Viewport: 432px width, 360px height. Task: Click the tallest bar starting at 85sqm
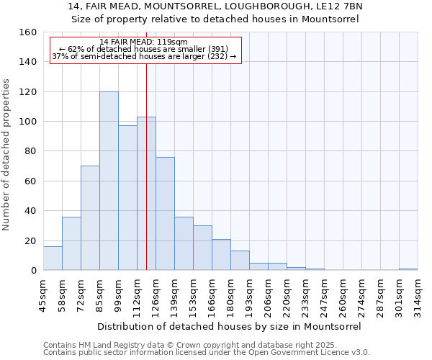point(109,181)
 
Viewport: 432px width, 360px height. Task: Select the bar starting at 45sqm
point(53,258)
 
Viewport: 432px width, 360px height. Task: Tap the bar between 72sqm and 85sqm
point(90,218)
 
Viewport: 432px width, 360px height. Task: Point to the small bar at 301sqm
point(408,269)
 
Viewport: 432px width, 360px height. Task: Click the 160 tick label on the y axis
point(27,32)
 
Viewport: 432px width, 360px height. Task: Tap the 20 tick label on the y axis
point(30,240)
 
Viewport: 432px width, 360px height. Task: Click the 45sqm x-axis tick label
point(43,294)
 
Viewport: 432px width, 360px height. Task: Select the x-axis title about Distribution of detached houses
point(229,326)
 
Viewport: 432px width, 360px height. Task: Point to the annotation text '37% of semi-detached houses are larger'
point(144,56)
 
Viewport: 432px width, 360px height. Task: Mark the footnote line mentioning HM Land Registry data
point(206,345)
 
